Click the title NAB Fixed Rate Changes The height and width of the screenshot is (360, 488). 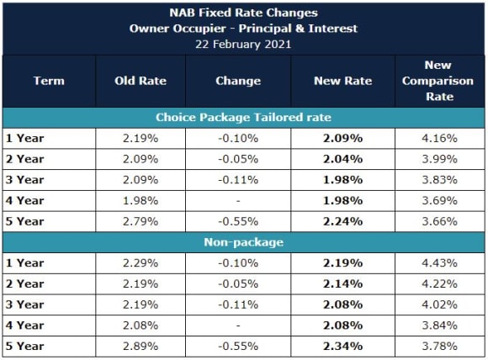(x=243, y=13)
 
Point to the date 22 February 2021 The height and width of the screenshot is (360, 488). (x=243, y=44)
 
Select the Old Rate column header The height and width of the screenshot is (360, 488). (x=140, y=81)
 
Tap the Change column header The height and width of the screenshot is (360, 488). (x=238, y=81)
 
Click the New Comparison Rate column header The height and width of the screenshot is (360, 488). (x=438, y=81)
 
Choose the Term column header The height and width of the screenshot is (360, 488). (x=48, y=81)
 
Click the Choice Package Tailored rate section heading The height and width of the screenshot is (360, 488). (x=243, y=118)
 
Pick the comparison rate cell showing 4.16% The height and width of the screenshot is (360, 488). (x=438, y=138)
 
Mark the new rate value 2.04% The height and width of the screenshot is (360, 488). (x=342, y=158)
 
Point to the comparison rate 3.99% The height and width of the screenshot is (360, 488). (x=438, y=158)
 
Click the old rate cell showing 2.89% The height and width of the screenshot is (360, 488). (x=140, y=345)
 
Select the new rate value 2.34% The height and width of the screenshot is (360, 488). (x=342, y=345)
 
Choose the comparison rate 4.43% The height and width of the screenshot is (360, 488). (x=438, y=263)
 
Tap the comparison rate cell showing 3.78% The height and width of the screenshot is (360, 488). (x=438, y=345)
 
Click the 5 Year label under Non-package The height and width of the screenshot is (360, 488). (x=24, y=345)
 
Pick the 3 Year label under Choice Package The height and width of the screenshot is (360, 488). (x=24, y=179)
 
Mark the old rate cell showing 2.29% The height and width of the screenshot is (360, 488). (x=140, y=263)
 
